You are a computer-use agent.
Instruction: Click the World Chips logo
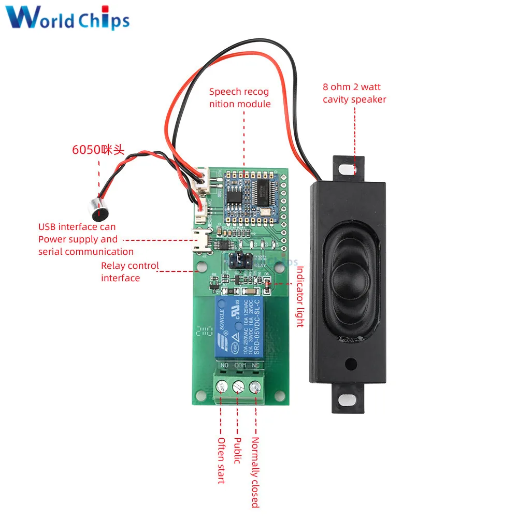68,19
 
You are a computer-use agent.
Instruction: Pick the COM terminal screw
239,386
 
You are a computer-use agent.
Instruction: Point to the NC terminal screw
255,386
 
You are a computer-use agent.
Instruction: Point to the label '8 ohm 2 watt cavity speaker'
354,93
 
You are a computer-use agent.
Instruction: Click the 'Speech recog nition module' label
239,98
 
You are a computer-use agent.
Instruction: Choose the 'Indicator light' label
299,296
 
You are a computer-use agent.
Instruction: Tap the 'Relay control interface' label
129,271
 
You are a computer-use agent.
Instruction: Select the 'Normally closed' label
255,472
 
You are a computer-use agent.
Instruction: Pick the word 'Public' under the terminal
238,451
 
